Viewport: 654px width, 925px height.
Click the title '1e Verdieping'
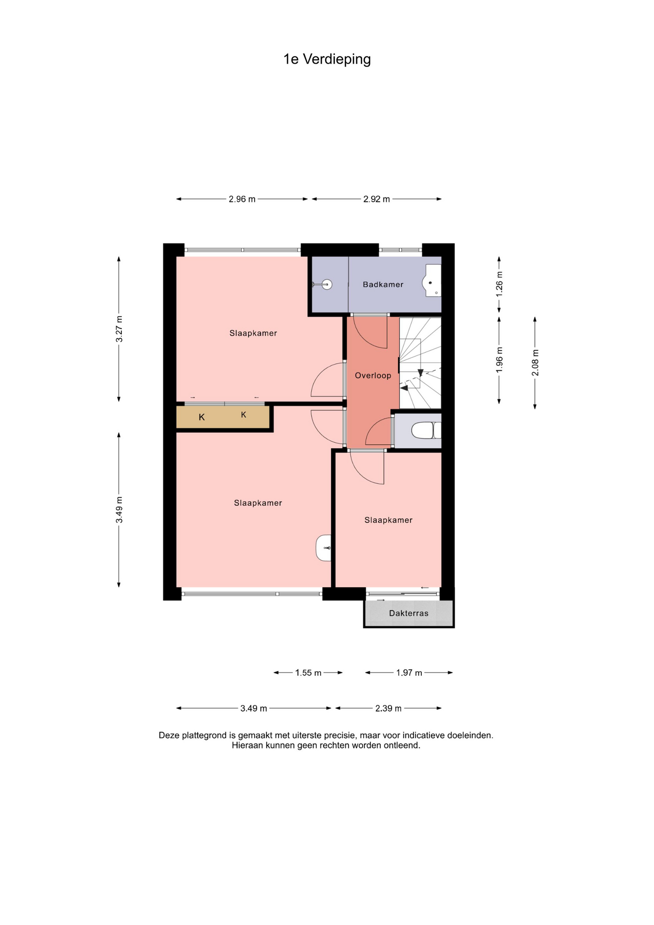click(327, 59)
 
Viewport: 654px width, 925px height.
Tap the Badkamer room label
click(383, 284)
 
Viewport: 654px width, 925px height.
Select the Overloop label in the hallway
click(373, 375)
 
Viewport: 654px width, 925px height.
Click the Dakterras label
click(408, 613)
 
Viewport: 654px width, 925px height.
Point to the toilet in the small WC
click(427, 430)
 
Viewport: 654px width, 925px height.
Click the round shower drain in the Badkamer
click(327, 285)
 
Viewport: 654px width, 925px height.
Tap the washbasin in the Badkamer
click(432, 280)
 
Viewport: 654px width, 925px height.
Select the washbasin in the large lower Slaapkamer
click(324, 548)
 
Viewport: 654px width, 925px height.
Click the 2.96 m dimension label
click(242, 199)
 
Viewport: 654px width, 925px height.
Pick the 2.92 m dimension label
click(376, 199)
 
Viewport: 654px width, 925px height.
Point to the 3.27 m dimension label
click(119, 329)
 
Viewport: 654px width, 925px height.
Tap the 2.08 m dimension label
click(535, 363)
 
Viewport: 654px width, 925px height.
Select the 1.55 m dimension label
click(308, 673)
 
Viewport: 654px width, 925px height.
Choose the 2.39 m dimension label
click(388, 708)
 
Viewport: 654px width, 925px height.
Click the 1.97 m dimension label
click(409, 673)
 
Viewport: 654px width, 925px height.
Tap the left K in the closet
click(202, 417)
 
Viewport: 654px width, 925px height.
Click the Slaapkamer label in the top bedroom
click(253, 333)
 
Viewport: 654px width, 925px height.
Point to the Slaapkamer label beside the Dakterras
click(388, 520)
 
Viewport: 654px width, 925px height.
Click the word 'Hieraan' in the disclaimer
click(247, 745)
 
